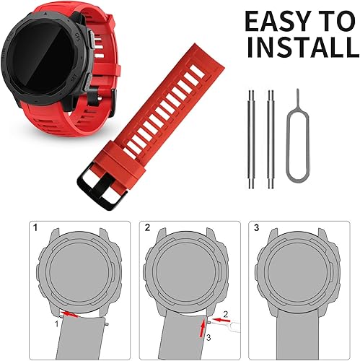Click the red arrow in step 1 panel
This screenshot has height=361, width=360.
tap(71, 313)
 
